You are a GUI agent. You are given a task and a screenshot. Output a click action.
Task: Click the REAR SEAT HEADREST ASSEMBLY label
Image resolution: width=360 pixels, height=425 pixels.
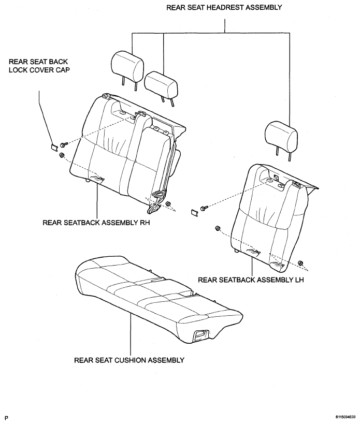click(224, 7)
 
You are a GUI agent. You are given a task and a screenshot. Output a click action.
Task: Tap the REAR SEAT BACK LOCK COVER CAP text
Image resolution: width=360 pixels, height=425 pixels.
click(39, 66)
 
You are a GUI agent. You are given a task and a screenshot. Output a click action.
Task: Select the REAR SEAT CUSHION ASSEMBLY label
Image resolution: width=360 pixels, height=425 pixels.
click(129, 360)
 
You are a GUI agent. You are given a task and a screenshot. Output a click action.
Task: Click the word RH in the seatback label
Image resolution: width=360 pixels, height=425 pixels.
click(145, 223)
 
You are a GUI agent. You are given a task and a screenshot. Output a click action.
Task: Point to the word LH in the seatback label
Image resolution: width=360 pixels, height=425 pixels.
click(299, 280)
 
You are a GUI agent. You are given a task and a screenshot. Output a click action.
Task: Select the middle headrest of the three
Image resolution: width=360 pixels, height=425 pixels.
click(161, 86)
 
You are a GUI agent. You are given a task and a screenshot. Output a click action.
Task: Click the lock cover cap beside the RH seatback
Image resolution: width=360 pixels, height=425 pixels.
click(54, 147)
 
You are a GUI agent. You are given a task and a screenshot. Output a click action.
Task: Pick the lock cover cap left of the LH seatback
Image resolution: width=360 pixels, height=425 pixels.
click(195, 213)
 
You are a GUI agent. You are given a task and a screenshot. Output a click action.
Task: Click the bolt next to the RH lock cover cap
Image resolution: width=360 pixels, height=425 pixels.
click(64, 144)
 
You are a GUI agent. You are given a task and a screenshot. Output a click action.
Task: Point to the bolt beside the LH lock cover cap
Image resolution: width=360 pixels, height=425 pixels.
click(204, 208)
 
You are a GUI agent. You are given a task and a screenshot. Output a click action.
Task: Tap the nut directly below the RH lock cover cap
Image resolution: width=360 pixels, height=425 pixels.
click(61, 155)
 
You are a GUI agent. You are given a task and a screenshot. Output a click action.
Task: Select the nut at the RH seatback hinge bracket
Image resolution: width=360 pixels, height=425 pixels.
click(168, 203)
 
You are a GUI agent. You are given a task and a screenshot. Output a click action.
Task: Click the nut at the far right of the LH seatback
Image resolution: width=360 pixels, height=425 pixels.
click(300, 263)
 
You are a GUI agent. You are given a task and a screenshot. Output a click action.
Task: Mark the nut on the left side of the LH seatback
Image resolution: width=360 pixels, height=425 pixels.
click(217, 228)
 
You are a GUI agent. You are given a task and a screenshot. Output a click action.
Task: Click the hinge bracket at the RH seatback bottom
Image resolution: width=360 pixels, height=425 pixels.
click(156, 202)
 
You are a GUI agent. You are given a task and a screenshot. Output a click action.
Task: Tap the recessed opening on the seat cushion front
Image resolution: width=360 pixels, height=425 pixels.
click(201, 335)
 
